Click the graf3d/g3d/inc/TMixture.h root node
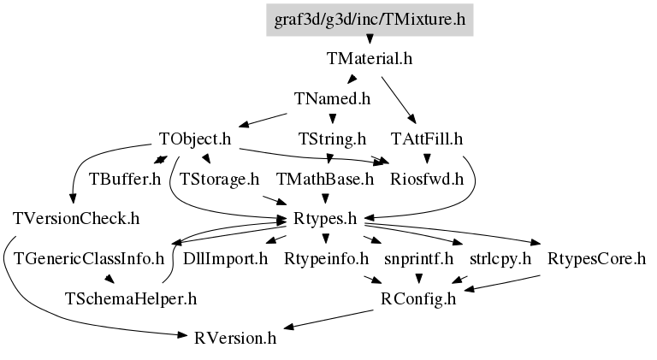pos(370,20)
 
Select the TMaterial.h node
pos(370,59)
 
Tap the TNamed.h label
pos(332,99)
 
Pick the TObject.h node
pos(195,139)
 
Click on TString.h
pos(332,139)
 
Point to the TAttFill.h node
pos(427,139)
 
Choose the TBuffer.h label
pos(125,180)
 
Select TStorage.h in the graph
pos(219,180)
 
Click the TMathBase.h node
pos(325,180)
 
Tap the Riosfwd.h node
pos(427,180)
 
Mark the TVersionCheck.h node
pos(76,219)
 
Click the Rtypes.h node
pos(325,219)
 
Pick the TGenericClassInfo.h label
pos(89,259)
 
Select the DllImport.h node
pos(225,259)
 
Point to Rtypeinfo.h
pos(326,259)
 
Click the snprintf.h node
pos(418,259)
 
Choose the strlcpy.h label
pos(500,259)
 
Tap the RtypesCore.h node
pos(596,259)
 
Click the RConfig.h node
pos(418,299)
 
